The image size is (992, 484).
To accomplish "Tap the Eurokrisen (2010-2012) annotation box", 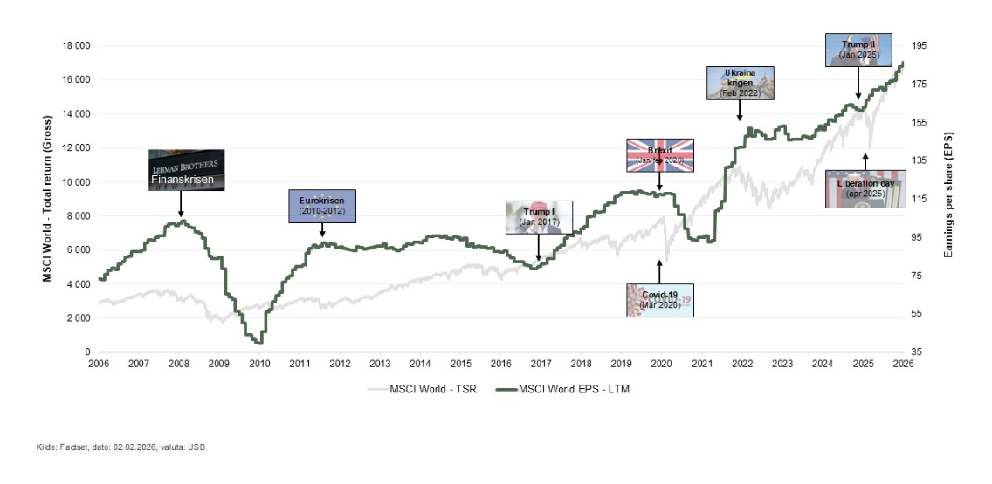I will [x=322, y=206].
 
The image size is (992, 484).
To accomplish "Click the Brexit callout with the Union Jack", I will [x=659, y=155].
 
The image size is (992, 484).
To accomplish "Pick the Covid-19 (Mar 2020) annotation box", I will [x=659, y=300].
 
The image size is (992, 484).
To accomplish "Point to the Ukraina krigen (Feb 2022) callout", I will [x=740, y=81].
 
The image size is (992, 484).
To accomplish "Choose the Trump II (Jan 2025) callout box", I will [x=858, y=50].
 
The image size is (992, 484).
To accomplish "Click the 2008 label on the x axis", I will [x=178, y=363].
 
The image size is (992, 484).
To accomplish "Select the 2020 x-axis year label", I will [x=661, y=363].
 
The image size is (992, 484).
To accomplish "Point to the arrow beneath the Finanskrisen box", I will [x=180, y=204].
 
